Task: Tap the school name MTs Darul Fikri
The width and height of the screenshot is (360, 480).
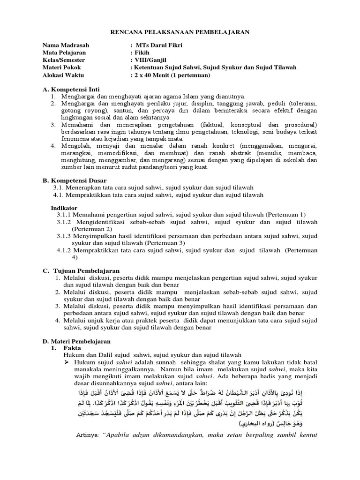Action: [x=157, y=45]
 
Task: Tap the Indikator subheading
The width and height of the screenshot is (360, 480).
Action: [x=64, y=207]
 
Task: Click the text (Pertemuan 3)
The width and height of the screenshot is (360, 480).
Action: [x=165, y=243]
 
